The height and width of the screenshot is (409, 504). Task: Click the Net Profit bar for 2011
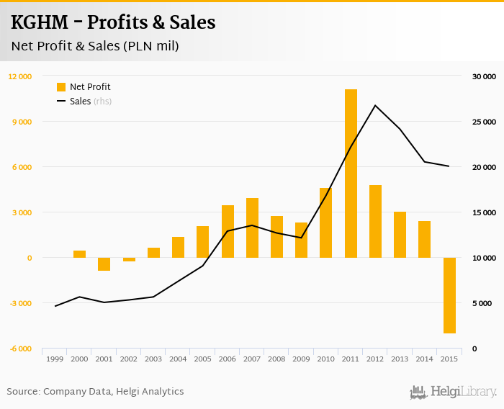point(351,173)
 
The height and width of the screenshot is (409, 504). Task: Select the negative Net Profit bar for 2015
point(449,295)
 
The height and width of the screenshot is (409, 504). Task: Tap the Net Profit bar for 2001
point(104,264)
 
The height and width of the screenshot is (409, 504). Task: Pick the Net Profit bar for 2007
point(252,228)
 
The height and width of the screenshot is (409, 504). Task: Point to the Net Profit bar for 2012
point(375,221)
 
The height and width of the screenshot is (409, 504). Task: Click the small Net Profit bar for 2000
point(79,254)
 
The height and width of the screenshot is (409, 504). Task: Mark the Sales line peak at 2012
point(375,106)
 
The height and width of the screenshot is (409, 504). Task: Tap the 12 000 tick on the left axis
point(19,76)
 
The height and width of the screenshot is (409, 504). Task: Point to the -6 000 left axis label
point(19,349)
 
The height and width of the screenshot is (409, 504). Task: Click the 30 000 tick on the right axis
point(485,76)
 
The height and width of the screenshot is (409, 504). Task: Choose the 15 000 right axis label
point(485,212)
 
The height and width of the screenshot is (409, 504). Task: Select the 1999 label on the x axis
point(55,359)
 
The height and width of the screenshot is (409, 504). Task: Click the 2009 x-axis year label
point(301,359)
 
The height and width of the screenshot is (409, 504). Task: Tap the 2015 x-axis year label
point(449,359)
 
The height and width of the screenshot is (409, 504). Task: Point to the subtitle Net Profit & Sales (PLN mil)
point(95,46)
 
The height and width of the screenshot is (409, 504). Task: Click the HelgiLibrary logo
point(453,392)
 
